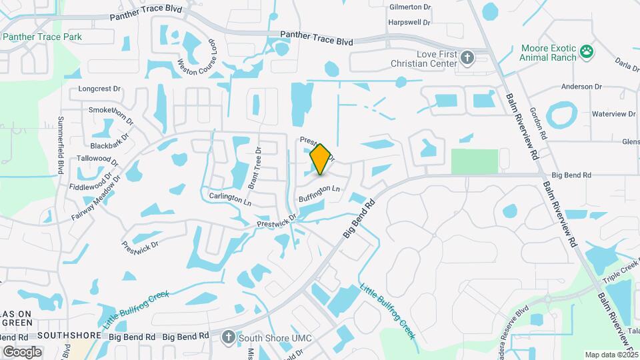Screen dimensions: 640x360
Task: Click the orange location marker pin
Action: click(321, 159)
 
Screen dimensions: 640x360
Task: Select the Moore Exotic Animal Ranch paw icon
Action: click(587, 52)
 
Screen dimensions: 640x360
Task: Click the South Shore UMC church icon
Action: click(229, 337)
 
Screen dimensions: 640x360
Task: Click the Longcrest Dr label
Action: click(99, 88)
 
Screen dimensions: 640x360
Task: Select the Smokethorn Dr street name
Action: click(111, 110)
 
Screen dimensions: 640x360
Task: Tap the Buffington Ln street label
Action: click(319, 194)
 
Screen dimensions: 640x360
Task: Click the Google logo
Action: click(23, 351)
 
